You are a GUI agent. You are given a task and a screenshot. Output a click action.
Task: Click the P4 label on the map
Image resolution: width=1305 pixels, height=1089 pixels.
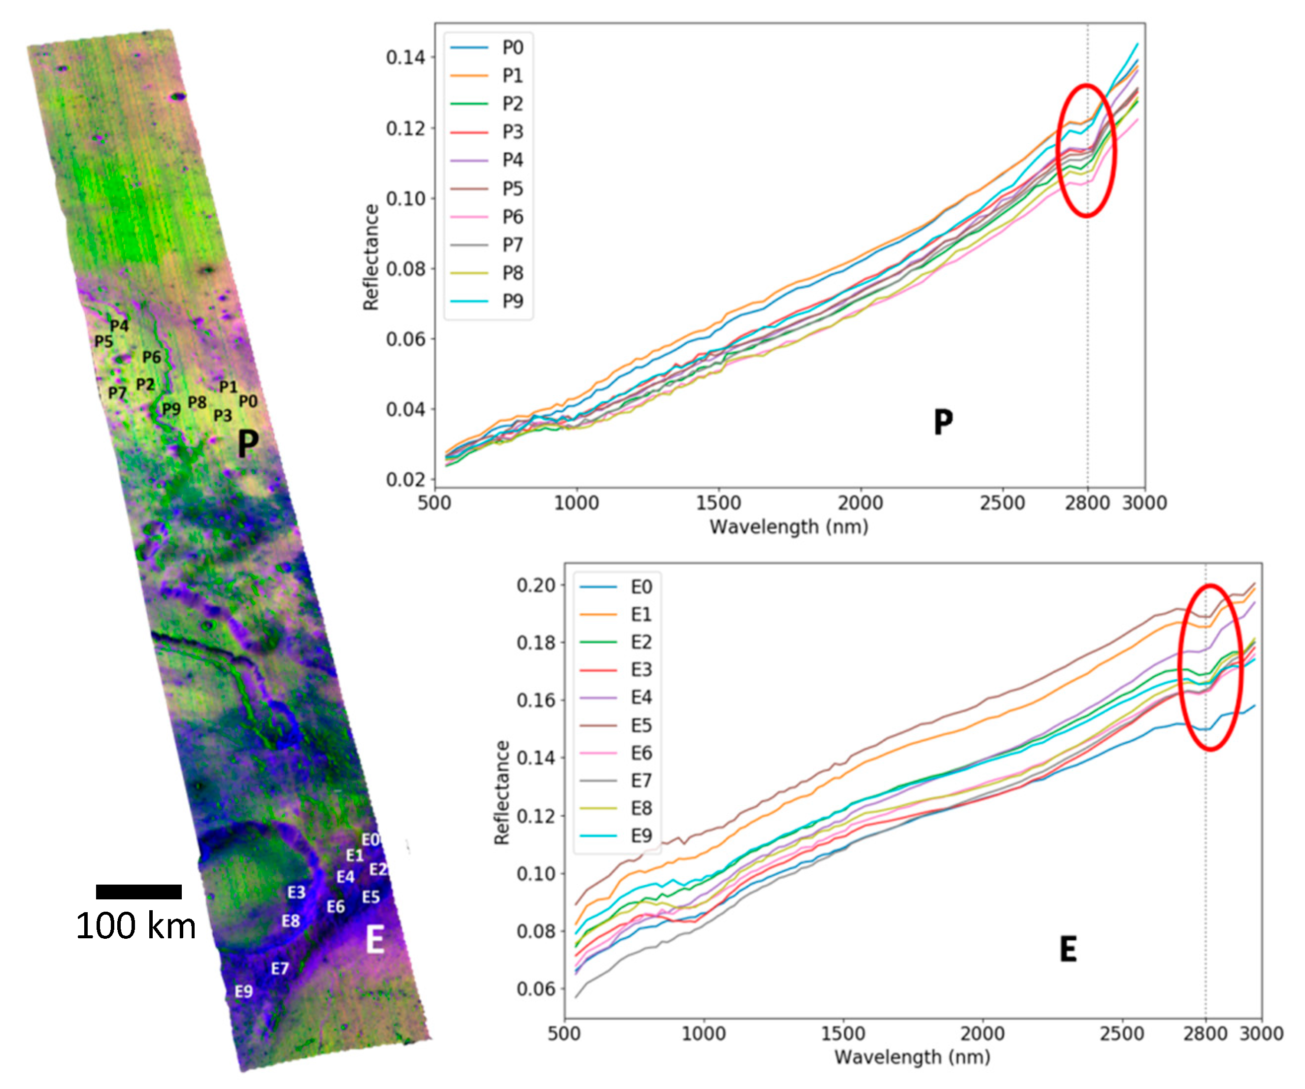(x=119, y=326)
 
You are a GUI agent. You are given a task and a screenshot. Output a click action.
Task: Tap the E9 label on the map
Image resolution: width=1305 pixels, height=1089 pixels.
(x=243, y=991)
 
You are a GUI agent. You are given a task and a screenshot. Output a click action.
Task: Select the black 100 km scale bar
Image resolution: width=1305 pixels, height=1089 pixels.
(x=138, y=892)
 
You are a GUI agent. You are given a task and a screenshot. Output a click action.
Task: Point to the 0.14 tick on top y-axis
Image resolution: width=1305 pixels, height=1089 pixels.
(x=405, y=57)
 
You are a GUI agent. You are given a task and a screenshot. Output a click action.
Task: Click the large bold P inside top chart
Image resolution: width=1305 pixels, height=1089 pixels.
(x=943, y=423)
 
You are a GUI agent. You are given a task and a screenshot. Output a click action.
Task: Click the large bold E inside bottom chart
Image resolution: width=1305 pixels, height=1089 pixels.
(x=1068, y=949)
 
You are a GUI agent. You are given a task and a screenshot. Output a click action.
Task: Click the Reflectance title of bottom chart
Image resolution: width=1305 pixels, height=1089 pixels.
(x=501, y=792)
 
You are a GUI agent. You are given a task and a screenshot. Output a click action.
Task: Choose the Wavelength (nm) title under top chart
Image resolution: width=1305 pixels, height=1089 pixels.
(x=789, y=527)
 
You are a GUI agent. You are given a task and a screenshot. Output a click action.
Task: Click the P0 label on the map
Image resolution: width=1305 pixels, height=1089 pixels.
(x=248, y=401)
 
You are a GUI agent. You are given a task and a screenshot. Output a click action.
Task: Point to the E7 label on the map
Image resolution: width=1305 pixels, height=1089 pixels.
(x=280, y=968)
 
